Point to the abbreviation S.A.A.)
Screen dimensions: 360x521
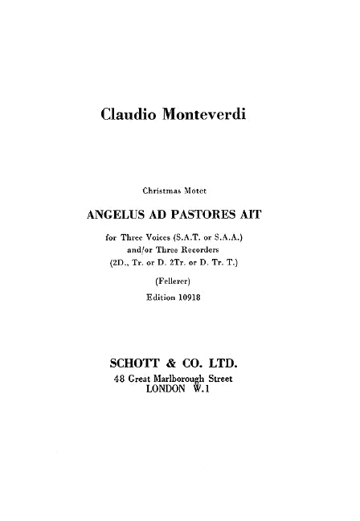point(244,239)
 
